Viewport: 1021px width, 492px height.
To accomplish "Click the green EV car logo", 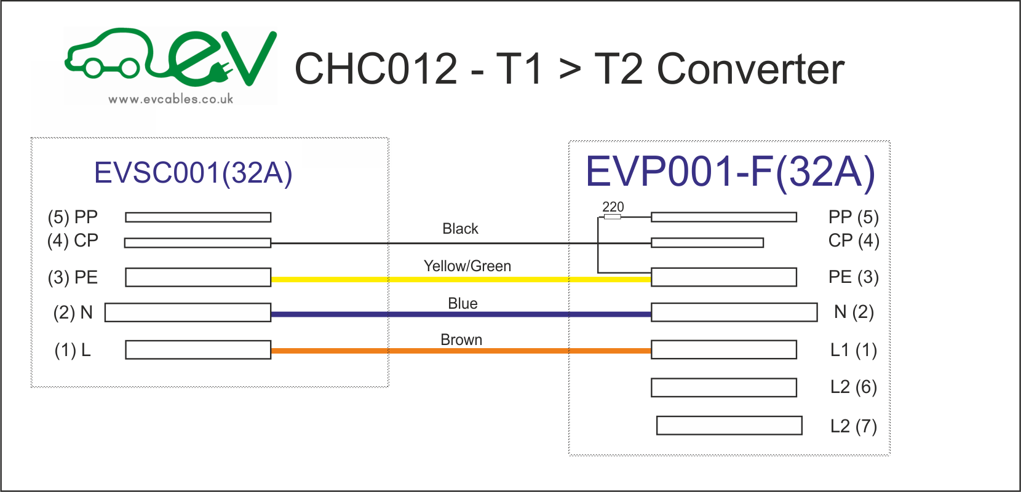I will coord(170,58).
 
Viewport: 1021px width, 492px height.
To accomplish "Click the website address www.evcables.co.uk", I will coord(170,99).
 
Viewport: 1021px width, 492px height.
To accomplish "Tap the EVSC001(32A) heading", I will coord(193,173).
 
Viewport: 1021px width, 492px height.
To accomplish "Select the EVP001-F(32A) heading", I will coord(729,172).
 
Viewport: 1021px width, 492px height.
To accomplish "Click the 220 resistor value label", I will coord(613,207).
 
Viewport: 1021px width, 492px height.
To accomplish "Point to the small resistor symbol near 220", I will coord(612,217).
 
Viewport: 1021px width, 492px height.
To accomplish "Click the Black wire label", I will coord(460,229).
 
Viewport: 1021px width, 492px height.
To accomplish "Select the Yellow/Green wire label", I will coord(467,266).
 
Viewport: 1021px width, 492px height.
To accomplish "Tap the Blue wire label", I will coord(463,304).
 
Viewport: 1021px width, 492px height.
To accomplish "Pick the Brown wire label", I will coord(461,340).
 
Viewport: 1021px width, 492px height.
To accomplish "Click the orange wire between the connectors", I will coord(461,351).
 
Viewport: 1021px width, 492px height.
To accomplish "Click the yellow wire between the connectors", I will coord(461,279).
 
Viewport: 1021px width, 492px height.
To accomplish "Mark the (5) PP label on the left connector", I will coord(73,217).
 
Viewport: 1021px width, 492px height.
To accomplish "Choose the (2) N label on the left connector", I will coord(73,312).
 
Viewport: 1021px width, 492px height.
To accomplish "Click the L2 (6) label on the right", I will coord(853,387).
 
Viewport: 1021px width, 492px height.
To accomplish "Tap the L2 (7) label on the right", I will coord(853,426).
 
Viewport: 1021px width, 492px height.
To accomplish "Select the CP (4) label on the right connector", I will coord(853,240).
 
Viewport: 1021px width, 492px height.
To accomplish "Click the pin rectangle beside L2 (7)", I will coord(729,426).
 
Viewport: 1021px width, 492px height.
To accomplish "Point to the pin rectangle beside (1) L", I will coord(198,350).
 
